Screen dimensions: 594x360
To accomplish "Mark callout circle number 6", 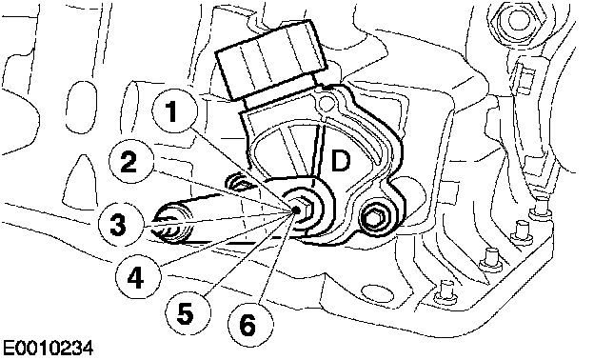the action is pyautogui.click(x=249, y=324).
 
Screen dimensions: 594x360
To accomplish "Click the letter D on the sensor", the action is pyautogui.click(x=341, y=161).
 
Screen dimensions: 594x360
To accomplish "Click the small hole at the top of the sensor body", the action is pyautogui.click(x=325, y=102).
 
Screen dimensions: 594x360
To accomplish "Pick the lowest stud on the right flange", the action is pyautogui.click(x=445, y=291).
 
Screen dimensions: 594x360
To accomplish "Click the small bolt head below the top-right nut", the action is pyautogui.click(x=524, y=78).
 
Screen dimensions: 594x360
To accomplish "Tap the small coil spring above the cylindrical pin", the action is pyautogui.click(x=239, y=182).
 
